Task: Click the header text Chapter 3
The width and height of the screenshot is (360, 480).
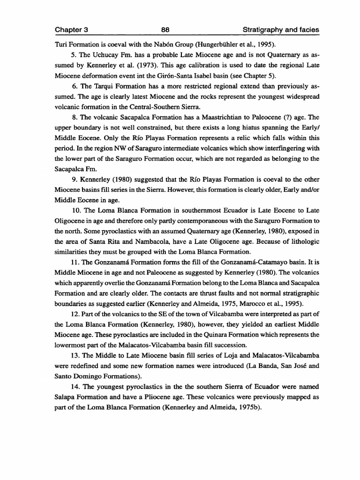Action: pyautogui.click(x=72, y=30)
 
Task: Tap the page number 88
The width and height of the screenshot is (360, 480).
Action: pyautogui.click(x=165, y=30)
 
